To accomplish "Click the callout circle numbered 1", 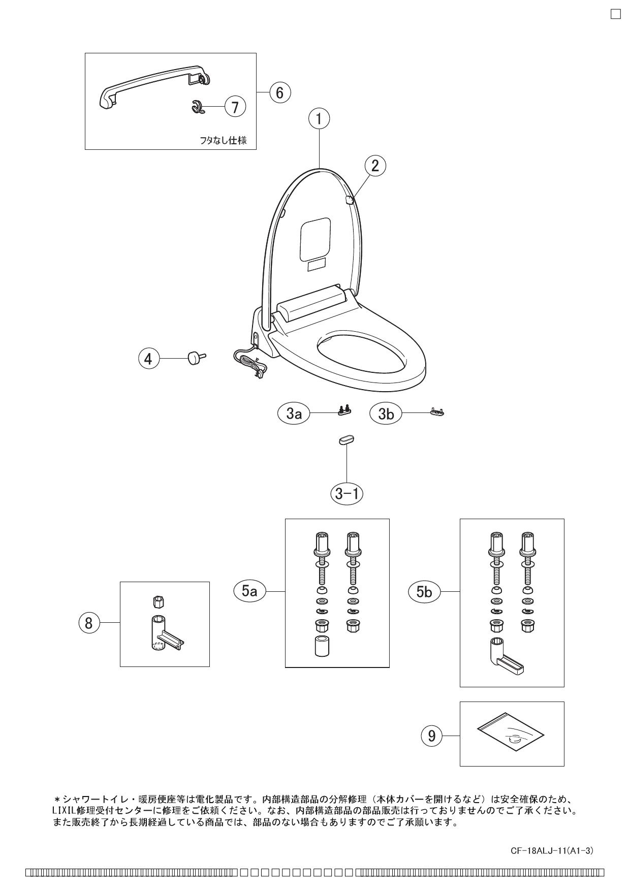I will [319, 119].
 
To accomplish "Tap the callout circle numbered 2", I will [375, 166].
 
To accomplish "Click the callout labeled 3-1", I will [348, 493].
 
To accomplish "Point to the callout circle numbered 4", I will [148, 359].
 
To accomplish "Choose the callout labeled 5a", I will [249, 591].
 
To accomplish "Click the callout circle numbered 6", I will [280, 92].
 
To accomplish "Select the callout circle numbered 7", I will [235, 107].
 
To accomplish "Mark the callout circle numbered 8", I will [89, 623].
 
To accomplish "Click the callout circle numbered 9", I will [431, 736].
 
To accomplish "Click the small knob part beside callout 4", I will [196, 358].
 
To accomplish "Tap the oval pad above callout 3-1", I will [346, 439].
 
